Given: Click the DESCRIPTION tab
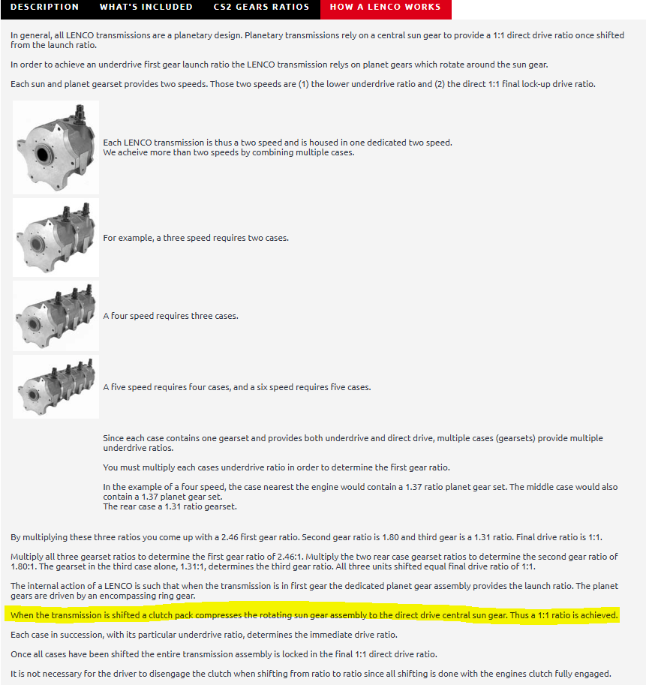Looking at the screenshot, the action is [x=44, y=7].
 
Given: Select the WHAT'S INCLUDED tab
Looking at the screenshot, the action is [x=146, y=7].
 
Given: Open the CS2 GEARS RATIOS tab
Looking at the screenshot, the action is [x=261, y=7].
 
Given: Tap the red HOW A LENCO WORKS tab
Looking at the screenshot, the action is [x=386, y=8].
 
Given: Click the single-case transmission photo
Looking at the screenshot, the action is [x=56, y=147].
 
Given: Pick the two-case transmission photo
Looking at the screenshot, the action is [x=56, y=237].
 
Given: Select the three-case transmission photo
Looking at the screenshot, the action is [x=56, y=316].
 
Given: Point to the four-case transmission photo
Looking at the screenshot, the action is [x=56, y=386].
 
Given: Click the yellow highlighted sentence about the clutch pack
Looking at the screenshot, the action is [x=314, y=615].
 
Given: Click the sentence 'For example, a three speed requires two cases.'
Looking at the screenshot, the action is [x=196, y=238].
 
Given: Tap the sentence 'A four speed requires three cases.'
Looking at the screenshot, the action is [x=171, y=316].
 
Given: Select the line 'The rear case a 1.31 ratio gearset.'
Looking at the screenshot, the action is [x=170, y=506].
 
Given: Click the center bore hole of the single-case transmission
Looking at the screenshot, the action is [x=42, y=155].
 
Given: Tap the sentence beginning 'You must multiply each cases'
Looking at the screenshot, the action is [x=277, y=467].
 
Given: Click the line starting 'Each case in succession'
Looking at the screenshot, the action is [x=204, y=635].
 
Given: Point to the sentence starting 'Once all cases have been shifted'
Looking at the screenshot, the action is [x=224, y=654].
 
